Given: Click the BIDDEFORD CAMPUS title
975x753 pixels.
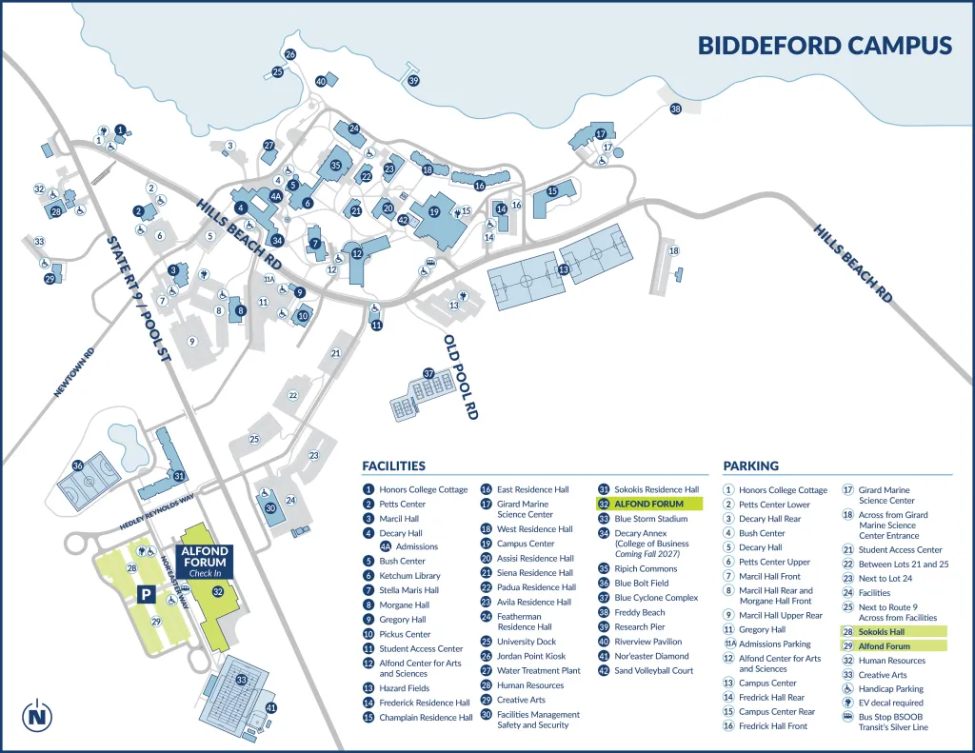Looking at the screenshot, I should pos(825,46).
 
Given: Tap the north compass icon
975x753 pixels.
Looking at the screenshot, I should pos(38,714).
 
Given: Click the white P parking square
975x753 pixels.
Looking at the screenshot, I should pos(146,594).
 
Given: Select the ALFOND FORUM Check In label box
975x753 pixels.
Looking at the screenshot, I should pos(204,562).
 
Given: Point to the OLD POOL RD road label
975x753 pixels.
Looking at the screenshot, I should pos(459,377).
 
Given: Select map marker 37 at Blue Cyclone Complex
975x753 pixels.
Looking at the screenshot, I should pos(429,373).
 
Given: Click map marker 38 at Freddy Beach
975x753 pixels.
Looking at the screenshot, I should pos(676,109).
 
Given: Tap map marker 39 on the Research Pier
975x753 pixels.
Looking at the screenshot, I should pos(413,81).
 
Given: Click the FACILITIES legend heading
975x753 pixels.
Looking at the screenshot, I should pos(393,466).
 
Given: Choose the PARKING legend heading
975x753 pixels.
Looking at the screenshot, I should pos(750,466).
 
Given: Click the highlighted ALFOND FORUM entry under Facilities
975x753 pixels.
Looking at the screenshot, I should pos(648,504).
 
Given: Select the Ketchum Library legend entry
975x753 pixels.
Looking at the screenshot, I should pos(409,576).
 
